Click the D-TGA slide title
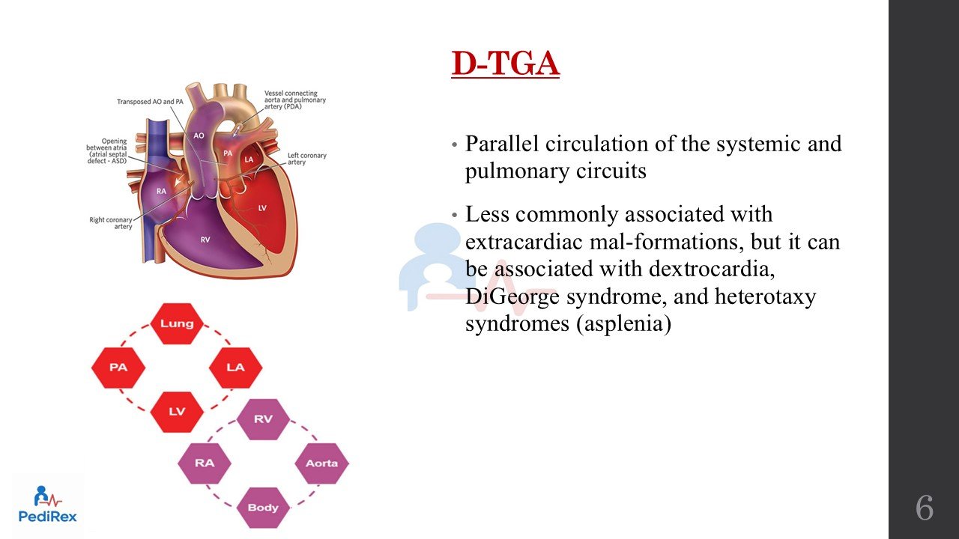[506, 64]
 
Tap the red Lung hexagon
[177, 324]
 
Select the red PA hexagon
[118, 368]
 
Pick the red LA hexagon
[235, 368]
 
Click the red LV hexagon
[177, 412]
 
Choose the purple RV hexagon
[263, 419]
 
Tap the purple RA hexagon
[205, 463]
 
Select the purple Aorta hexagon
[322, 463]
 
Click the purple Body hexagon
[263, 508]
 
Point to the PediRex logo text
[47, 517]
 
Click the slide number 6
[925, 508]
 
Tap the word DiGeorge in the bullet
[512, 296]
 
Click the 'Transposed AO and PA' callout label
[150, 102]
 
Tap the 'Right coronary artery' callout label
[110, 223]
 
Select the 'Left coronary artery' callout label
[306, 159]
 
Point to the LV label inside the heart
[262, 208]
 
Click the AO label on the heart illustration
[199, 135]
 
